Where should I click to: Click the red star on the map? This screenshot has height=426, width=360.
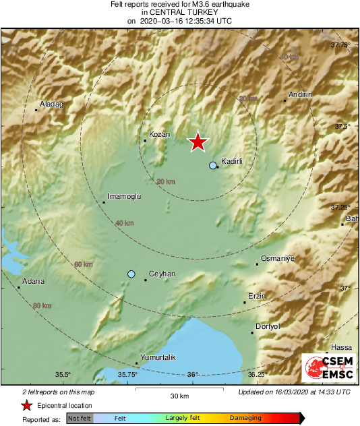(x=198, y=142)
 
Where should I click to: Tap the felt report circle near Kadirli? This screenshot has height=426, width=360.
(x=213, y=165)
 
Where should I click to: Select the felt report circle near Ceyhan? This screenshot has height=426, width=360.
(x=131, y=274)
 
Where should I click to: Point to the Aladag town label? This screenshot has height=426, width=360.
(x=51, y=104)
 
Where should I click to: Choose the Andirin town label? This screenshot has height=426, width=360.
(x=300, y=95)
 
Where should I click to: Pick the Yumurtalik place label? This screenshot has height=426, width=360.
(x=157, y=357)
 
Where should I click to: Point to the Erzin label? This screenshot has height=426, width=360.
(x=258, y=296)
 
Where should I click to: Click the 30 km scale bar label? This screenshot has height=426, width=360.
(x=179, y=395)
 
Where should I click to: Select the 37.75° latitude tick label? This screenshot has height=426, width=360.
(x=341, y=45)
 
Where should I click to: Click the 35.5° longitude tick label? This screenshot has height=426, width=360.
(x=63, y=375)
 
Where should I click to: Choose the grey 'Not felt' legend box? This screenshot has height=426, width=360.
(x=80, y=419)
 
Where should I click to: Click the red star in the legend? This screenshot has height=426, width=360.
(x=26, y=405)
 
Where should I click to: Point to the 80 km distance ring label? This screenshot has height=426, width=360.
(x=42, y=305)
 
